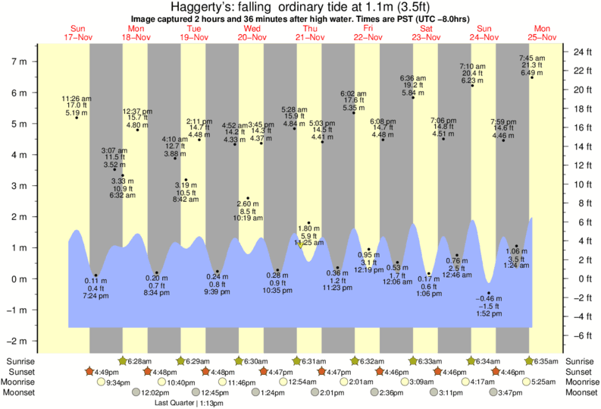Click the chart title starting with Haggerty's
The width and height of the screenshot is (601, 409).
click(x=300, y=7)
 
